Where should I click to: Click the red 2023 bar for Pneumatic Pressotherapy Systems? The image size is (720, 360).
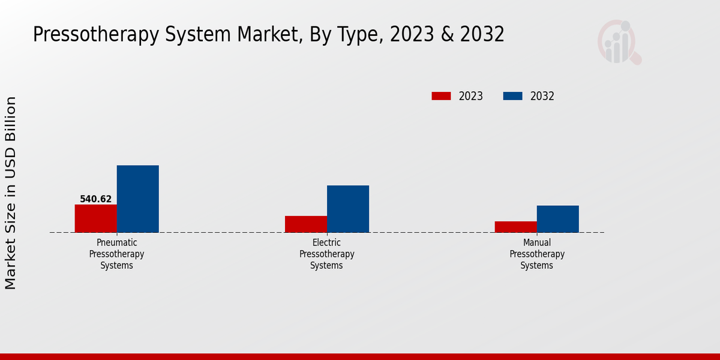(x=95, y=218)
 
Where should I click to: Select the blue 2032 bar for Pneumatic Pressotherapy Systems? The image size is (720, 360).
(x=137, y=199)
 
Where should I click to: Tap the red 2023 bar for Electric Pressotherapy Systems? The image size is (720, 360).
(x=306, y=224)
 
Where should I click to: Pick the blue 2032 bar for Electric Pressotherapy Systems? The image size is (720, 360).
(x=348, y=209)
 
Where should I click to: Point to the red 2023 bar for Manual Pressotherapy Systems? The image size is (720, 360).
(x=516, y=227)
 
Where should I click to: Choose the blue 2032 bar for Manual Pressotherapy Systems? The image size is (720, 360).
(x=558, y=219)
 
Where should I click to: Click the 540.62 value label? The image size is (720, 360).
(x=96, y=199)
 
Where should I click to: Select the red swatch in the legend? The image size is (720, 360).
(x=441, y=96)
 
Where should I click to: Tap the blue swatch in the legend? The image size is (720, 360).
(x=512, y=96)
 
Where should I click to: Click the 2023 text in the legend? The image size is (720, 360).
(x=471, y=96)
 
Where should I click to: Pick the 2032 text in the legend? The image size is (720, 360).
(x=542, y=96)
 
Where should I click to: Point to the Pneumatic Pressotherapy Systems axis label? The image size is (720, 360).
(x=117, y=254)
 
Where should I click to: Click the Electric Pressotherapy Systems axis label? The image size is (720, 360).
(x=327, y=254)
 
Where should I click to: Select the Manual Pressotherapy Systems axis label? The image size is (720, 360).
(x=537, y=254)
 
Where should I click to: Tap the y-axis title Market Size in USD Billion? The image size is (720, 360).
(x=11, y=193)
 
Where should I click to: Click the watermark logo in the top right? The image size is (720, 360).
(x=619, y=42)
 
